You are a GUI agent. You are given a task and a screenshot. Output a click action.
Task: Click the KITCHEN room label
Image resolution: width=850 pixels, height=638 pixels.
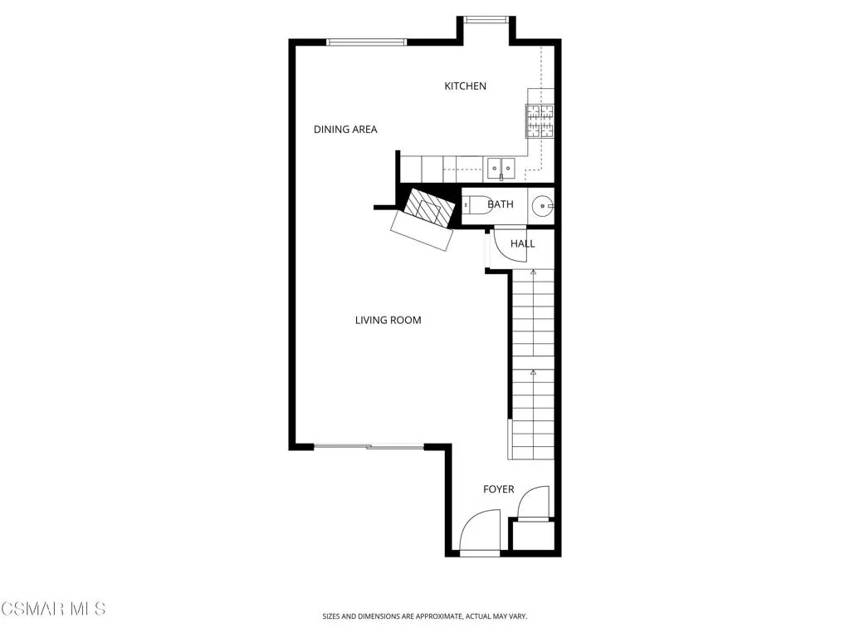(465, 86)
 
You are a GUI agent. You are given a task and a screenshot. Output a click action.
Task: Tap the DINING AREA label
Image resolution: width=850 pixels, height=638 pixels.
(345, 130)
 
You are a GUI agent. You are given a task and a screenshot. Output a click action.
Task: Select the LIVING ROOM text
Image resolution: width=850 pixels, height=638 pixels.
(388, 320)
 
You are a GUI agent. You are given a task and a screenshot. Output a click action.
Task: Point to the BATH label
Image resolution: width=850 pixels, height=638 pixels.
(501, 204)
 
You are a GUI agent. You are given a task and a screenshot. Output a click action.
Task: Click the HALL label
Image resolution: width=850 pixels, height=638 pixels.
(523, 243)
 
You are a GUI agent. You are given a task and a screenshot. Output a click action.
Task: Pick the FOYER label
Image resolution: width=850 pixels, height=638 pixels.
(499, 489)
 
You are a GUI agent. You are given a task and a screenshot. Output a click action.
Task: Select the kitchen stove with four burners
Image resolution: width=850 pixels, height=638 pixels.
(540, 121)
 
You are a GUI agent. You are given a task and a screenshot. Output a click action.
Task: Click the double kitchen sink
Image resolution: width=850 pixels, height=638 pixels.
(501, 169)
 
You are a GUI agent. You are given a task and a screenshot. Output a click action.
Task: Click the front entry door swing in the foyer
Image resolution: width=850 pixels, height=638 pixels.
(480, 532)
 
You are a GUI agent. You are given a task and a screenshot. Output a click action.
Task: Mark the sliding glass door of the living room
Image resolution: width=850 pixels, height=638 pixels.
(369, 447)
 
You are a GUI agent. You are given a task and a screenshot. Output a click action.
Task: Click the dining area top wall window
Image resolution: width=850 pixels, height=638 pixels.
(366, 42)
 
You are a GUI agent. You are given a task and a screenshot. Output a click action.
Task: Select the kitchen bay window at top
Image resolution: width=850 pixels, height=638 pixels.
(486, 20)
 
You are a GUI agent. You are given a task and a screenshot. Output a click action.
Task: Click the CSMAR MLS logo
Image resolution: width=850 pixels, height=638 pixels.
(53, 609)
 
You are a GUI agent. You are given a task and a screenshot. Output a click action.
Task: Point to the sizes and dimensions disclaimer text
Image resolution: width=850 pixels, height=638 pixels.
(424, 616)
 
